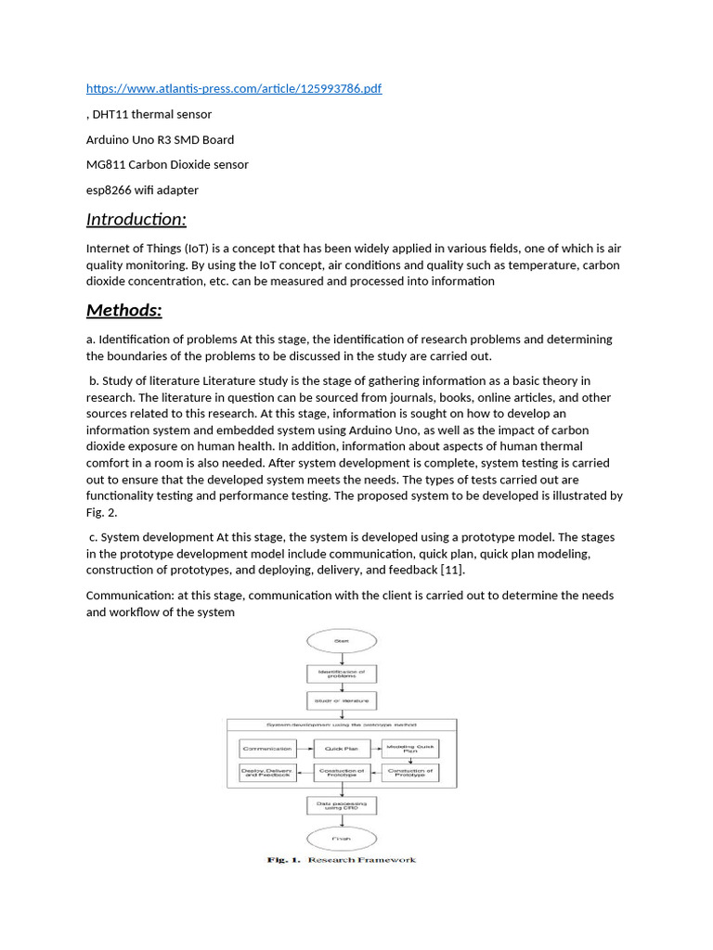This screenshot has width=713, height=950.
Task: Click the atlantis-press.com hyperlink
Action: [x=233, y=88]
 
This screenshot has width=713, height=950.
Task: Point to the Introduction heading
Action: [x=136, y=220]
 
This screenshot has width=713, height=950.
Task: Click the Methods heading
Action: [x=123, y=310]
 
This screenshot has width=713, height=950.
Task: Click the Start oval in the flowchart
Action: [x=342, y=640]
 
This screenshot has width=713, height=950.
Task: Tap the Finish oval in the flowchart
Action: [x=342, y=840]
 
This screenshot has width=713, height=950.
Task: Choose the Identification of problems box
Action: [x=342, y=674]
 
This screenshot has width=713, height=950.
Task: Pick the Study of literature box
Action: [x=342, y=701]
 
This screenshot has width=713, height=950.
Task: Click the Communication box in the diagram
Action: [x=267, y=748]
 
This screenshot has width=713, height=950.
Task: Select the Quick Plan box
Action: [x=342, y=748]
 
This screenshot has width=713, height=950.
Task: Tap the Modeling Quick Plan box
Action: [x=409, y=748]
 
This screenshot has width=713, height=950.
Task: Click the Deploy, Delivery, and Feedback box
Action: [x=267, y=772]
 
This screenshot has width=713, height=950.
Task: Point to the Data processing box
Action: [x=342, y=806]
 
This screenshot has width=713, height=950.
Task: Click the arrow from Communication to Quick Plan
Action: [x=305, y=748]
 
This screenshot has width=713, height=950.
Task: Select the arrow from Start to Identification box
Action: [x=342, y=658]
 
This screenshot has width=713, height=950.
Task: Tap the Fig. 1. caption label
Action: [x=284, y=860]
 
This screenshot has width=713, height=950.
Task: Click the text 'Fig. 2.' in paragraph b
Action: [x=101, y=512]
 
